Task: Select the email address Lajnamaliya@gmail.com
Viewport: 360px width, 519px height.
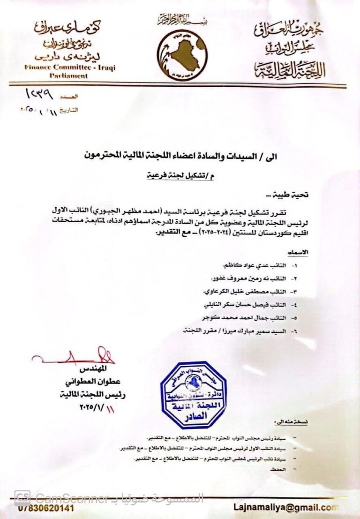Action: coord(285,507)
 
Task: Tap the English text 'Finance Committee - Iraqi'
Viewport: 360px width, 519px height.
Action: coord(70,68)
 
